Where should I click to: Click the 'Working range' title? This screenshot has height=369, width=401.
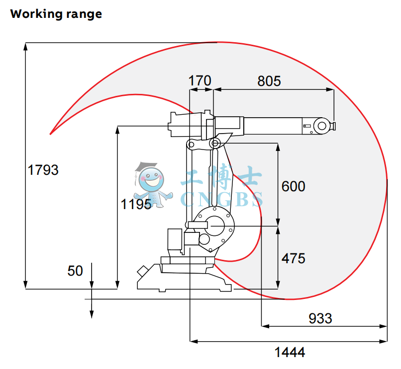click(56, 14)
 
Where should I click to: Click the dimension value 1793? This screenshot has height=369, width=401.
click(43, 170)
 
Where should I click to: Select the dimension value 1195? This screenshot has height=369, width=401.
click(136, 204)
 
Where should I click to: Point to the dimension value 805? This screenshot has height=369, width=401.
click(269, 80)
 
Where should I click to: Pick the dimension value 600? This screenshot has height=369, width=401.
click(293, 186)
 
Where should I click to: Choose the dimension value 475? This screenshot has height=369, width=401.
click(293, 258)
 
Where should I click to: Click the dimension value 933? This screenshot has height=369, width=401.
click(320, 318)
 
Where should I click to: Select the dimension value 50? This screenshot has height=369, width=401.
click(75, 271)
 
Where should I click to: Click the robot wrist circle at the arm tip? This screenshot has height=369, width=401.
click(321, 126)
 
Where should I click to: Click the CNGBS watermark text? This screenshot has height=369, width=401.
click(221, 200)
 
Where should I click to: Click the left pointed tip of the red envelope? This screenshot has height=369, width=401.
click(51, 134)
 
